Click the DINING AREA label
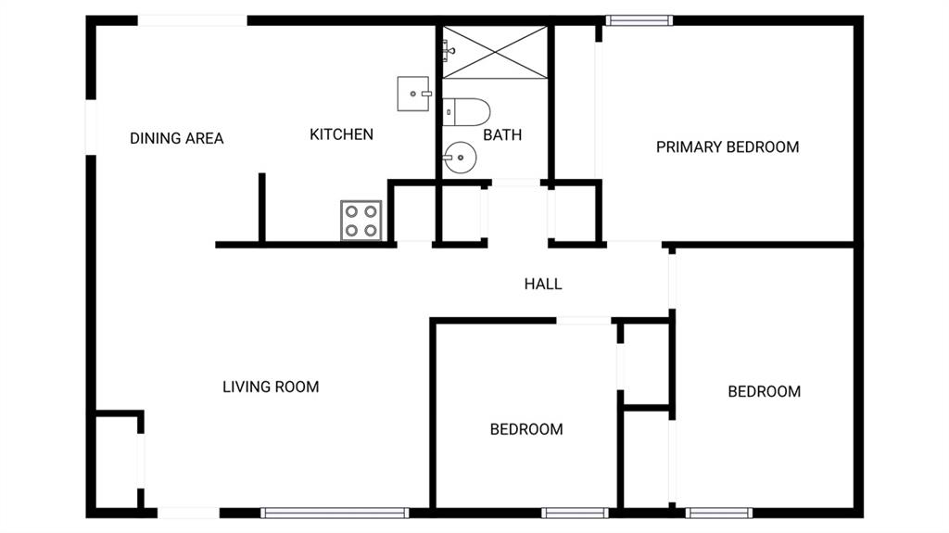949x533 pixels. [x=177, y=139]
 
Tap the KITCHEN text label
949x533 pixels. [x=341, y=134]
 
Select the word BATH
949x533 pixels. [x=502, y=135]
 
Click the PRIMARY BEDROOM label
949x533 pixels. [x=728, y=147]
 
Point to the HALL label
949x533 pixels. [x=543, y=284]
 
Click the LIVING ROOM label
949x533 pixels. [x=271, y=387]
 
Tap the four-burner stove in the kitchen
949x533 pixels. [x=361, y=221]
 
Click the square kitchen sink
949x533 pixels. [x=414, y=94]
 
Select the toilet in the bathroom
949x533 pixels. [x=466, y=112]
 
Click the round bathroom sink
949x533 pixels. [x=460, y=158]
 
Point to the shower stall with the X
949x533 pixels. [x=495, y=52]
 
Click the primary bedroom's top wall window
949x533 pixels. [x=639, y=20]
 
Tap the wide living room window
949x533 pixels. [x=335, y=513]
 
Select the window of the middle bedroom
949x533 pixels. [x=575, y=513]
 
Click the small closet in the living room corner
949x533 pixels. [x=118, y=462]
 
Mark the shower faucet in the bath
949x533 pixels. [x=448, y=51]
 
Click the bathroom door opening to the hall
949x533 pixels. [x=515, y=183]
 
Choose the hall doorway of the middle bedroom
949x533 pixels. [x=584, y=320]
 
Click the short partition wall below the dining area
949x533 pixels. [x=262, y=208]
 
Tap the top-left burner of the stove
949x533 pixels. [x=351, y=211]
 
